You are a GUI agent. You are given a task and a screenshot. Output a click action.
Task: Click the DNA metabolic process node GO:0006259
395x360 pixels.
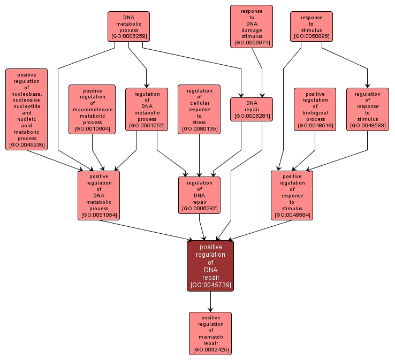pyautogui.click(x=128, y=27)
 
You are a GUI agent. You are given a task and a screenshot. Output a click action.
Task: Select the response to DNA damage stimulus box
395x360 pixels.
pyautogui.click(x=252, y=26)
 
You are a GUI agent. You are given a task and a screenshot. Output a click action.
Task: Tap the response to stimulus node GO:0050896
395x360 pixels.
pyautogui.click(x=312, y=27)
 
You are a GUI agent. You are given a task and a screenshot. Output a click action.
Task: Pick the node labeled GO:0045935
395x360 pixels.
pyautogui.click(x=26, y=109)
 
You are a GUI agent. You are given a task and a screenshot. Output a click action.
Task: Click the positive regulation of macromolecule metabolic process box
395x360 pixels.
pyautogui.click(x=92, y=110)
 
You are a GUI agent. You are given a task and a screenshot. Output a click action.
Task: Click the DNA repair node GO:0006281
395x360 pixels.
pyautogui.click(x=252, y=110)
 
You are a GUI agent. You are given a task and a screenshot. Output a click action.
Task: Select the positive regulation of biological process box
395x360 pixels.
pyautogui.click(x=315, y=110)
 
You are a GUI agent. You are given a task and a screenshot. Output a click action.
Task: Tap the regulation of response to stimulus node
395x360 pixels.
pyautogui.click(x=367, y=110)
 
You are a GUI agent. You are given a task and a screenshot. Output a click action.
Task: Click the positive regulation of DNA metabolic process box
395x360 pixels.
pyautogui.click(x=98, y=195)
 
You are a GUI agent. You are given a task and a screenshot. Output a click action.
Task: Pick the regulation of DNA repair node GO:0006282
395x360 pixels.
pyautogui.click(x=199, y=195)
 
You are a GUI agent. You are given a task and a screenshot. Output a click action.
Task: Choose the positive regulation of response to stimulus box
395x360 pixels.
pyautogui.click(x=292, y=195)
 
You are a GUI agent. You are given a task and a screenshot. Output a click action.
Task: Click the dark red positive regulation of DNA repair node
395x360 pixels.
pyautogui.click(x=210, y=266)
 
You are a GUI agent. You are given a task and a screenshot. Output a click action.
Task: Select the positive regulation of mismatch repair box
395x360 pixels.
pyautogui.click(x=210, y=333)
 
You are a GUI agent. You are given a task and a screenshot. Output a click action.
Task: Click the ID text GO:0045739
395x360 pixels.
pyautogui.click(x=210, y=285)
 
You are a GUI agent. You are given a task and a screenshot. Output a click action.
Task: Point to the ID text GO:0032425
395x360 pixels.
pyautogui.click(x=210, y=350)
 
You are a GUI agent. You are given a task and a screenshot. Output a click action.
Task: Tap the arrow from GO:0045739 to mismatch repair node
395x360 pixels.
pyautogui.click(x=210, y=302)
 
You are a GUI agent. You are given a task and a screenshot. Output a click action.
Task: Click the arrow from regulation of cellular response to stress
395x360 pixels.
pyautogui.click(x=199, y=155)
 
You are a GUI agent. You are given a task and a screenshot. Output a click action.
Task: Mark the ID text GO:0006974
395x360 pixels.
pyautogui.click(x=252, y=42)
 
